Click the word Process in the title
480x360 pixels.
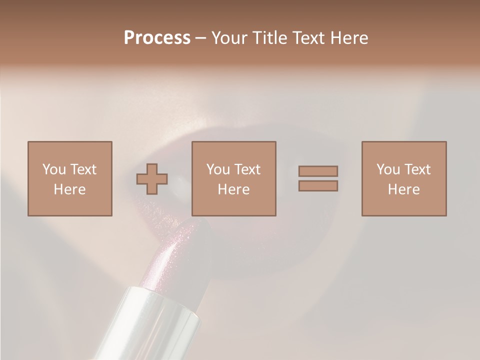pos(157,38)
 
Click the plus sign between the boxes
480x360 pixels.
pos(152,179)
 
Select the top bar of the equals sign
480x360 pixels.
pos(318,171)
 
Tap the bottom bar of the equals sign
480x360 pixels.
pos(318,185)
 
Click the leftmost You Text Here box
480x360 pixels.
pos(69,178)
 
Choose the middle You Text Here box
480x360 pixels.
pos(233,178)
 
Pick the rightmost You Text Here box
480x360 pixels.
pos(403,178)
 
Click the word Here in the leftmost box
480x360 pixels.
pos(69,189)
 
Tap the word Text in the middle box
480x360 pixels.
pos(247,169)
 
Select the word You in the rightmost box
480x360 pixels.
pos(388,169)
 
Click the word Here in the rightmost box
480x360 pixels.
pos(403,189)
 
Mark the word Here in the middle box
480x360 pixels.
pos(233,189)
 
